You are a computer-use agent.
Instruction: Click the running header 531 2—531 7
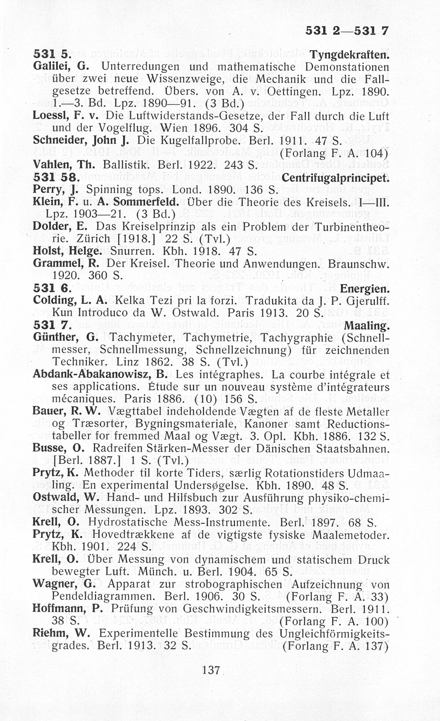click(346, 31)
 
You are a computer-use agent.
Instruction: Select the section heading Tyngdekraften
click(349, 55)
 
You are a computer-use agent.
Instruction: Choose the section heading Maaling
click(366, 325)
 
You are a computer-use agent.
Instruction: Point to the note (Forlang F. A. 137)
click(335, 645)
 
